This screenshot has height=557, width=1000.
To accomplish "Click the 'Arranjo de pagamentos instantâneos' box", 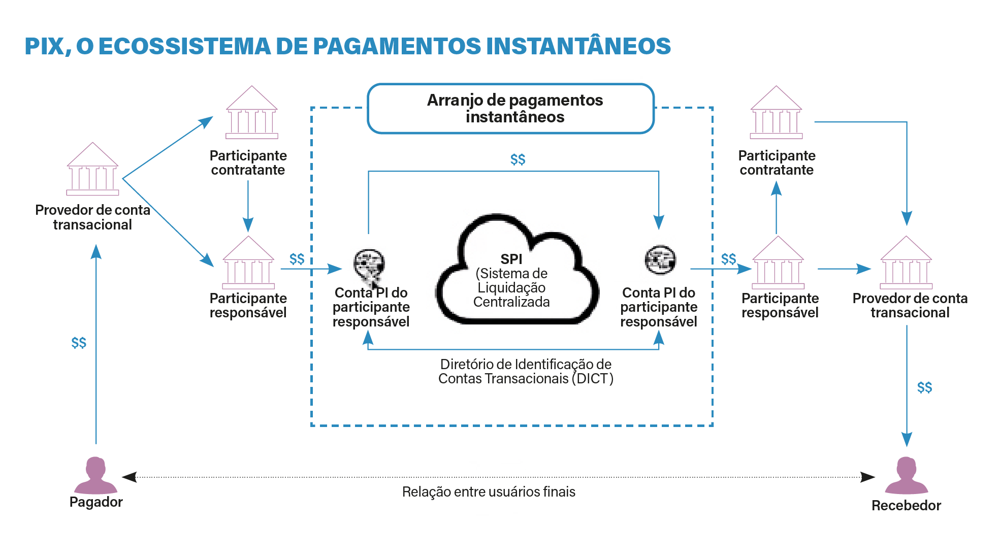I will coord(511,109).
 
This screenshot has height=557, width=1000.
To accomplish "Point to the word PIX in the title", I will coord(45,46).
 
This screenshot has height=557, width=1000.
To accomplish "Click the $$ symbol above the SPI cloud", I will coord(518,160).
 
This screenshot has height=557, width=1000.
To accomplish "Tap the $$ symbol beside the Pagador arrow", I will coord(79,343).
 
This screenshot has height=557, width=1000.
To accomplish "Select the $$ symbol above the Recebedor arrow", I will coord(924,388).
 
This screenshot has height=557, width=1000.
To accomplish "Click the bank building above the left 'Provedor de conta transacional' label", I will coord(92,169).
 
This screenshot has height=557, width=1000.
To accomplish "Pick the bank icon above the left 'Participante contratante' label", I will coord(252,113).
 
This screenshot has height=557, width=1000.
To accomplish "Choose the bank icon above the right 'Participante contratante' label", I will coord(776,113).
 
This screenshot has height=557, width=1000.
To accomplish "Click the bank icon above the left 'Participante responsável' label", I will coord(248,263).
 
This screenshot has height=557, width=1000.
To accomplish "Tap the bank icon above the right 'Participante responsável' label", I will coord(778,263).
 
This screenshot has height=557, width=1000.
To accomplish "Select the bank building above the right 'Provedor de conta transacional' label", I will coord(906,263).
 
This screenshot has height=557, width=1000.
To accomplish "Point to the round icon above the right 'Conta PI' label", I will coord(660,259).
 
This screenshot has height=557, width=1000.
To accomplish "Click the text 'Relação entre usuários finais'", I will coord(489,492).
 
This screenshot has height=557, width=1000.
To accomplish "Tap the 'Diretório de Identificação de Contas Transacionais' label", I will coord(526,372).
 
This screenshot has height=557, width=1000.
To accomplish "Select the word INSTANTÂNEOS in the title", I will coord(578,46).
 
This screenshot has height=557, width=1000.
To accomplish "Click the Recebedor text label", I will coord(906,506).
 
